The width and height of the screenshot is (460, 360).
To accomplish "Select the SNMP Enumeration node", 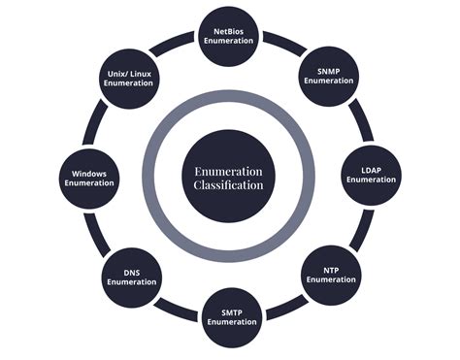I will click(325, 75).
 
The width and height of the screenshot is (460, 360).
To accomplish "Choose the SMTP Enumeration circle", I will click(230, 315).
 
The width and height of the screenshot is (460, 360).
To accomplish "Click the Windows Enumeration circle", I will click(90, 178).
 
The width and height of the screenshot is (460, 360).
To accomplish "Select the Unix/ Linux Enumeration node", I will click(129, 78).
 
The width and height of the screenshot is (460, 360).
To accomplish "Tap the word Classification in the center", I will click(229, 184).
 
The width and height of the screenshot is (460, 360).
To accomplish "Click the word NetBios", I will click(229, 32).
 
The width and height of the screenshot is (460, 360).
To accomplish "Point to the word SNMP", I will click(326, 69).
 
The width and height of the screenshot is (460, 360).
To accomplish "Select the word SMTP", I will click(230, 310).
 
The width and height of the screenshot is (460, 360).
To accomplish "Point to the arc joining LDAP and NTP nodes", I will click(361, 228).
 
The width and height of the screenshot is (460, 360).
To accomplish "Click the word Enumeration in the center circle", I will click(229, 171).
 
